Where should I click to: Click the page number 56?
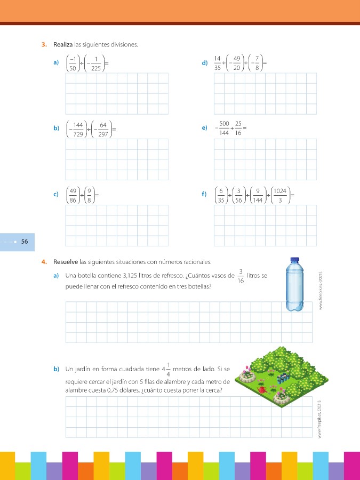pos(25,242)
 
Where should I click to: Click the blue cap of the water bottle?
pos(294,261)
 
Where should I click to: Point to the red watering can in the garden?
pos(262,390)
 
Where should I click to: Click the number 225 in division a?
pos(96,68)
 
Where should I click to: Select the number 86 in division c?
pos(74,200)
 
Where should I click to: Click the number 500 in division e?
pos(224,124)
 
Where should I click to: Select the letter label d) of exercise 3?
pos(205,63)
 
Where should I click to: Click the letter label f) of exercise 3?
pos(204,195)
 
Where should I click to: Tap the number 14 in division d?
pos(218,59)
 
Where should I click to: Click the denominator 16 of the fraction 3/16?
pos(241,281)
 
